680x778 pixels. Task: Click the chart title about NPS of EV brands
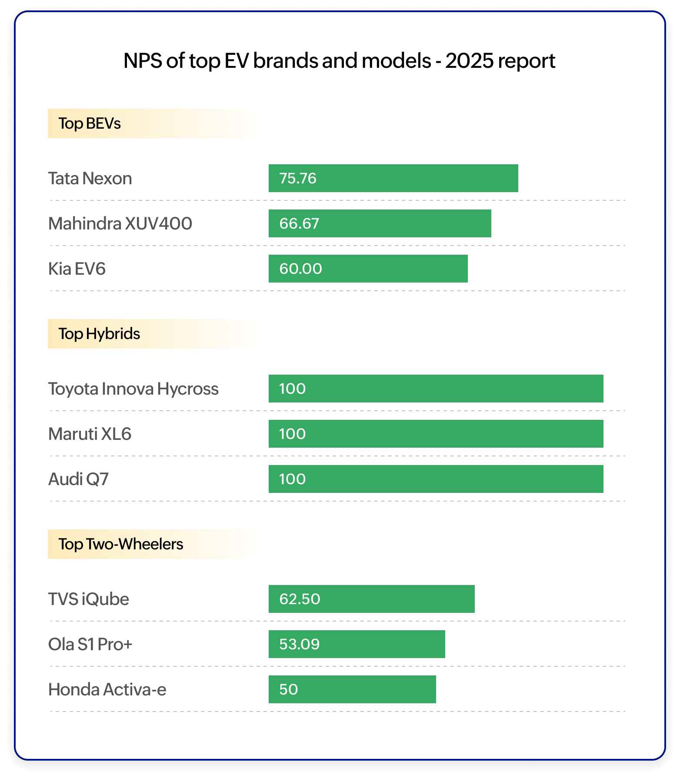(x=339, y=60)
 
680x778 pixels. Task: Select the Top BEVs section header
(x=90, y=123)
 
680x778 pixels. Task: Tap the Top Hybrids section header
(x=99, y=334)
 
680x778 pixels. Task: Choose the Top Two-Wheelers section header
(x=120, y=544)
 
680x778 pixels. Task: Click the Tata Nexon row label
(x=90, y=179)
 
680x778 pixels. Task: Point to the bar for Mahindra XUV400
(x=380, y=223)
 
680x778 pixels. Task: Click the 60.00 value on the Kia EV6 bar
(x=300, y=269)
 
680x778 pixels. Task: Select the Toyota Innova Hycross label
(x=133, y=389)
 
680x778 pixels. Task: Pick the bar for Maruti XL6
(x=436, y=434)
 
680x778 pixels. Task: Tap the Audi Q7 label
(x=78, y=479)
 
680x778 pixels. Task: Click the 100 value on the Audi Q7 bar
(x=292, y=479)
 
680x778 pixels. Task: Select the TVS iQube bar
(x=371, y=599)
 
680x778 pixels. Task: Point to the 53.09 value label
(x=299, y=644)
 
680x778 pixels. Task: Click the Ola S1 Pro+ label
(x=90, y=645)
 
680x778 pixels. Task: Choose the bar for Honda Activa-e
(x=352, y=689)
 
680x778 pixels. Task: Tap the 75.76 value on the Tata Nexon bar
(x=298, y=178)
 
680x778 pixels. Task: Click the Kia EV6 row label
(x=77, y=269)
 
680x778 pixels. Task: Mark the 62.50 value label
(x=300, y=599)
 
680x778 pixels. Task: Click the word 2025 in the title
(x=469, y=60)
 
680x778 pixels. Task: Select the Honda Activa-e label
(x=107, y=690)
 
